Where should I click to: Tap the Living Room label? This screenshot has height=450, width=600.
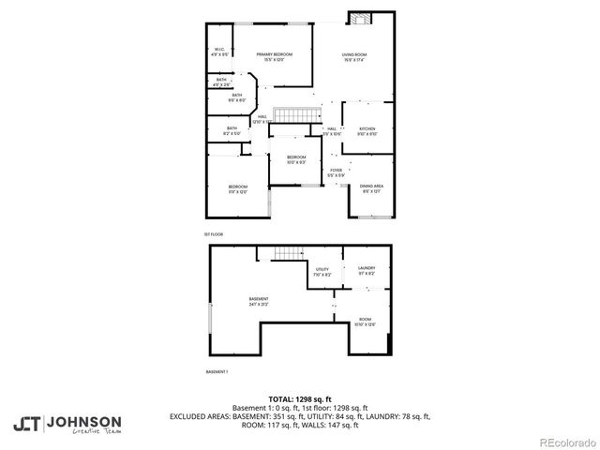tap(353, 57)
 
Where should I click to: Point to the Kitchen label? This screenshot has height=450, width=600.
tap(367, 131)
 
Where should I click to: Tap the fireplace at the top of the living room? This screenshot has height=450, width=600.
tap(360, 19)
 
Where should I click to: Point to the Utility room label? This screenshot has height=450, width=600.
tap(322, 272)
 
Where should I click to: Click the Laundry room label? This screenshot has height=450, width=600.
tap(366, 271)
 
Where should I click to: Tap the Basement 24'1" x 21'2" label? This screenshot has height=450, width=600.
tap(259, 302)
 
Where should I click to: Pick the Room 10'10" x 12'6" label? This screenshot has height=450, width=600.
tap(365, 322)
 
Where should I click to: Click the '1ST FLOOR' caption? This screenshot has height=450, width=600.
tap(214, 233)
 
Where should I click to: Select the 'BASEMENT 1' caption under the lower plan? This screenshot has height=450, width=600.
tap(217, 372)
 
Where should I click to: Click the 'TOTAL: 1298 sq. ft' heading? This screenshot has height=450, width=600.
tap(299, 398)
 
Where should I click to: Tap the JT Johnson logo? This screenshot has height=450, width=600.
tap(67, 422)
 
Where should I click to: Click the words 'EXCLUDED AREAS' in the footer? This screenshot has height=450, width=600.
tap(201, 415)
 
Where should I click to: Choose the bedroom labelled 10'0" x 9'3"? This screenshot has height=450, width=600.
tap(296, 159)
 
